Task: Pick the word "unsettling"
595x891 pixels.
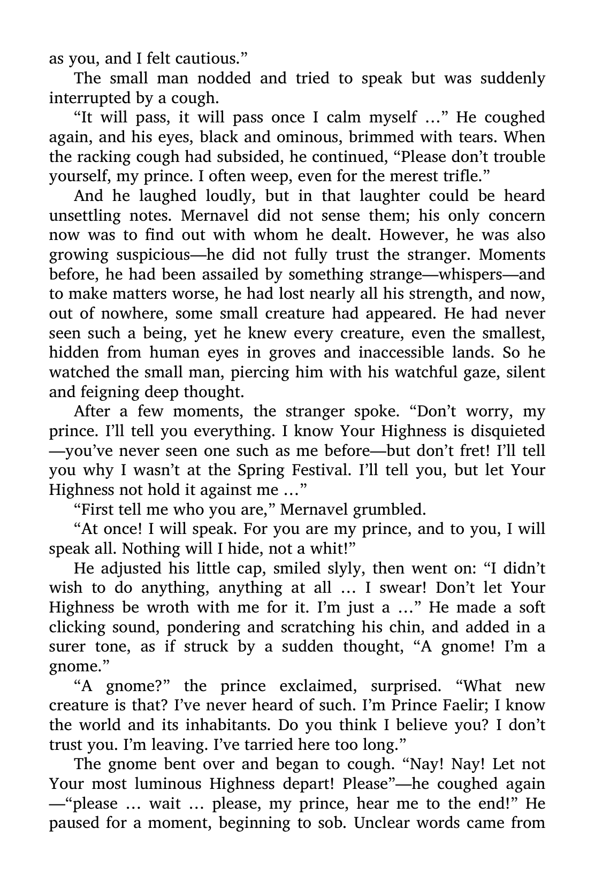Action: (84, 216)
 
